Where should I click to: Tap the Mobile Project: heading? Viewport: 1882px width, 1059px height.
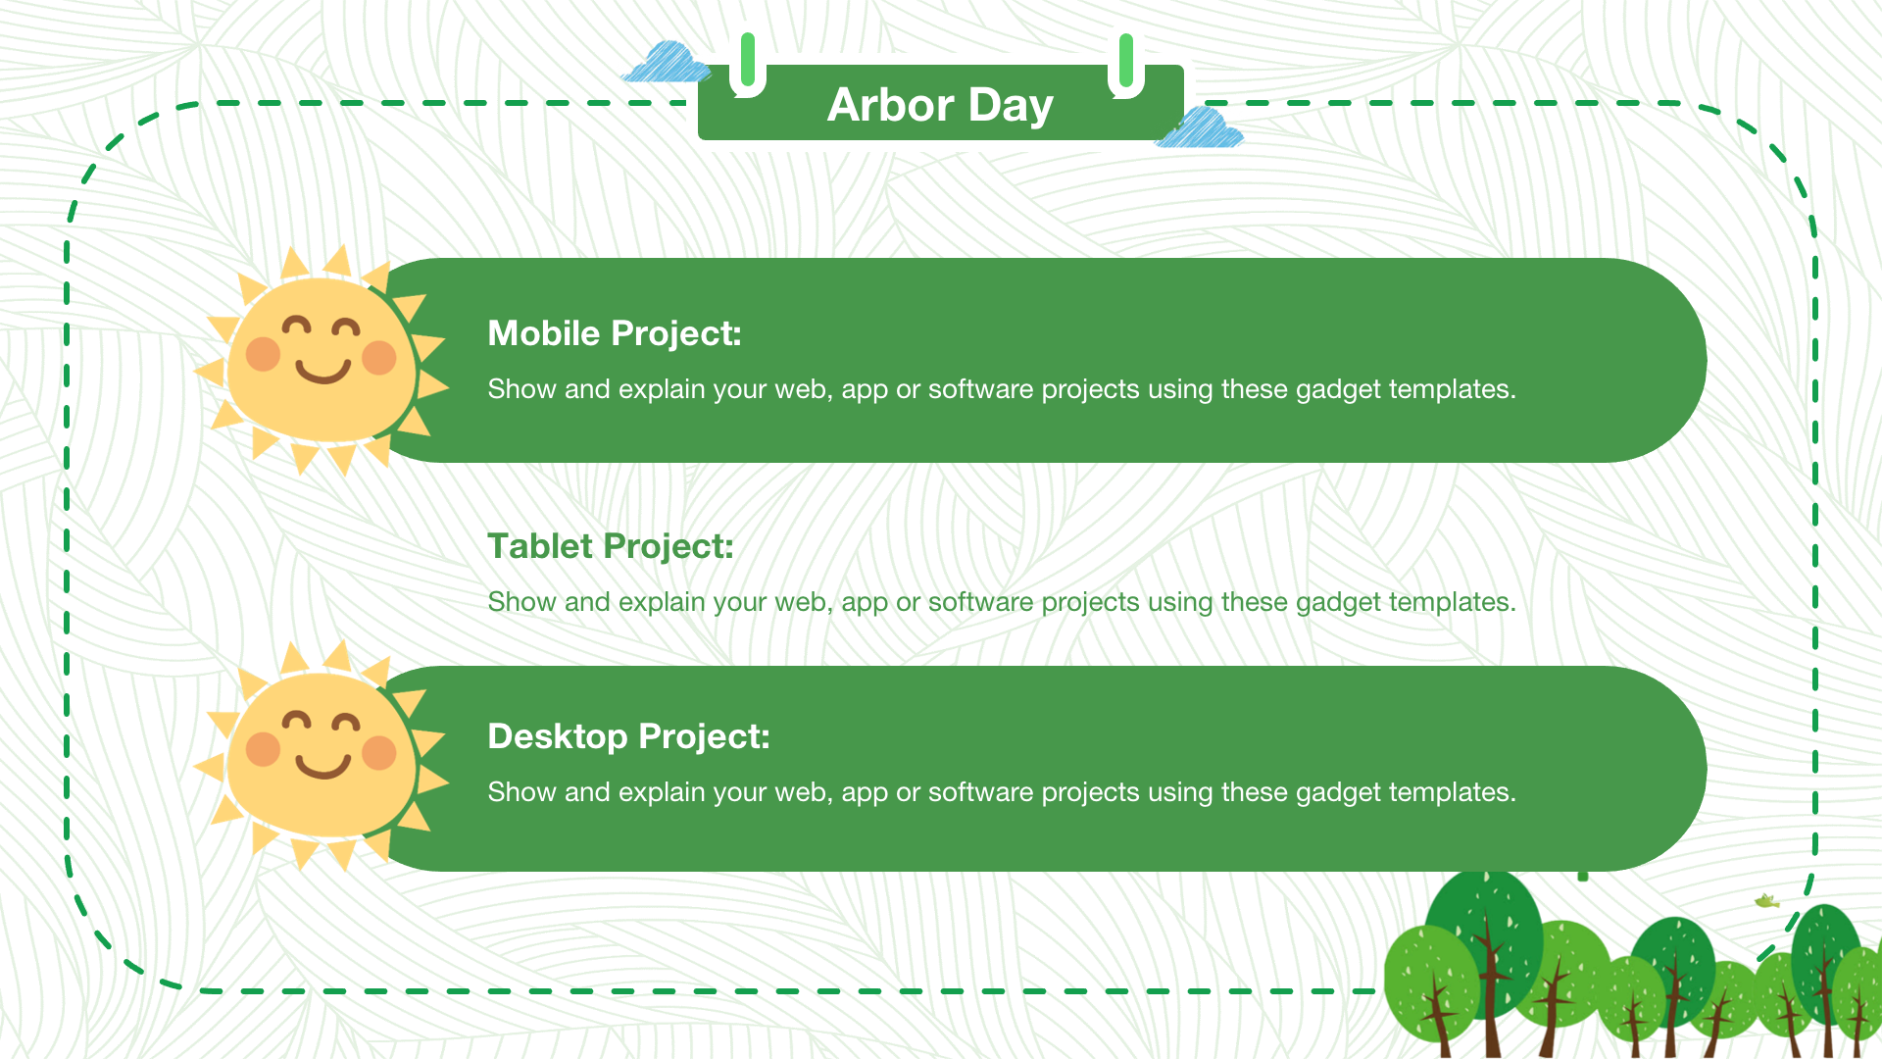coord(615,334)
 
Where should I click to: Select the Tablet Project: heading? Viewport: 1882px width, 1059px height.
coord(611,547)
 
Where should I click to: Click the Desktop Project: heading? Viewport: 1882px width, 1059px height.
coord(628,737)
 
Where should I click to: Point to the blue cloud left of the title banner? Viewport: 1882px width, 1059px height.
coord(667,62)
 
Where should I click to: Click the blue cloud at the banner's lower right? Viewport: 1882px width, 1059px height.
coord(1200,128)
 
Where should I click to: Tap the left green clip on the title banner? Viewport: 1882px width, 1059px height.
coord(748,65)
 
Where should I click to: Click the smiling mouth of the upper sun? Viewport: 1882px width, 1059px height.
coord(323,371)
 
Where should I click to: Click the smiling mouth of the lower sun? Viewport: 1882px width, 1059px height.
coord(323,766)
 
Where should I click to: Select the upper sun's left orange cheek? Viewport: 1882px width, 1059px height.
coord(263,353)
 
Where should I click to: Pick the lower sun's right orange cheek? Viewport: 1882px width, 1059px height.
coord(379,753)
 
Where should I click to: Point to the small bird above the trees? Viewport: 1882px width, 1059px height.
coord(1766,901)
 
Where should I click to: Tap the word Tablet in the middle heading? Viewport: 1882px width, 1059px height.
coord(540,547)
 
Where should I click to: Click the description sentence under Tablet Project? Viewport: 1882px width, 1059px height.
coord(1002,602)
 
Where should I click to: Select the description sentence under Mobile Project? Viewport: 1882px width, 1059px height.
coord(1002,389)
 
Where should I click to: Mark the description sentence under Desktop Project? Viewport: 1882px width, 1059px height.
coord(1002,792)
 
